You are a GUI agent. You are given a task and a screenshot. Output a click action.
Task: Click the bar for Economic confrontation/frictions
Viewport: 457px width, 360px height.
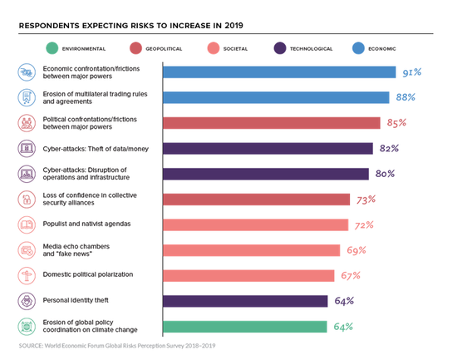point(279,72)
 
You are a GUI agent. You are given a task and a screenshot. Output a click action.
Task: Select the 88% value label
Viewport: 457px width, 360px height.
point(405,97)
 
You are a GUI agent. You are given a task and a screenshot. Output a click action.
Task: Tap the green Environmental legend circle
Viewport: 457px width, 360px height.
point(52,48)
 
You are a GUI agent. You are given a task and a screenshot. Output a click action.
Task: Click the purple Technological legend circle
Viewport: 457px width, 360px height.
point(280,48)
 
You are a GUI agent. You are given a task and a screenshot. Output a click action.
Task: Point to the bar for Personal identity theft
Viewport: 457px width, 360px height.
point(245,301)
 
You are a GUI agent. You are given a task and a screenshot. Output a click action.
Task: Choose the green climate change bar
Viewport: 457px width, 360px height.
point(245,327)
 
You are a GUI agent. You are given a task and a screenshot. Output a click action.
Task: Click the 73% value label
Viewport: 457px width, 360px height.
point(366,200)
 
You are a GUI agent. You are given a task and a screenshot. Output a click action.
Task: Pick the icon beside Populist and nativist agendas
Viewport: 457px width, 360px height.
point(27,225)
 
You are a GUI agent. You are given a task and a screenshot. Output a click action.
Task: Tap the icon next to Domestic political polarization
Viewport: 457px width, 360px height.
point(27,276)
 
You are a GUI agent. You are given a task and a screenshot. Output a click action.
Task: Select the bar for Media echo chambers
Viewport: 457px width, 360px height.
point(251,250)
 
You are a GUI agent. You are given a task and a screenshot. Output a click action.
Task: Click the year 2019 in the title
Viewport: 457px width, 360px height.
point(233,26)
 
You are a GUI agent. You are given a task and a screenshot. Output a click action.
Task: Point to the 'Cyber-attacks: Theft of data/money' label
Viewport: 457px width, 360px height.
point(96,149)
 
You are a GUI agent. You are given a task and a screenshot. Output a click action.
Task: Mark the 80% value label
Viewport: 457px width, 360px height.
point(385,174)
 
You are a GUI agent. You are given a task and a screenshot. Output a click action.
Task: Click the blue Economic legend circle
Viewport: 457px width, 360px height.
point(358,48)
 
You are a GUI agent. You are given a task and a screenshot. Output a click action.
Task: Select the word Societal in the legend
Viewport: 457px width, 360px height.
point(235,49)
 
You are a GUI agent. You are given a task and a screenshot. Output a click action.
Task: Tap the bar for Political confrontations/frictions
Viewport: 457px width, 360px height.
point(272,123)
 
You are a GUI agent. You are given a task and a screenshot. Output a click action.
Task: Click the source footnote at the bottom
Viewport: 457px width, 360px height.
point(117,346)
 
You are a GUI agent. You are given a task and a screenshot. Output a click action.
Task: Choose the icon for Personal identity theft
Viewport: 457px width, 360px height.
point(27,301)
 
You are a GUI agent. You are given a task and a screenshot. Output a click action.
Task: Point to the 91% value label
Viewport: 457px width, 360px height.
point(412,72)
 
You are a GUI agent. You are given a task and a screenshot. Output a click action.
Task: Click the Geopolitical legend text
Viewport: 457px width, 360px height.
point(164,49)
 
